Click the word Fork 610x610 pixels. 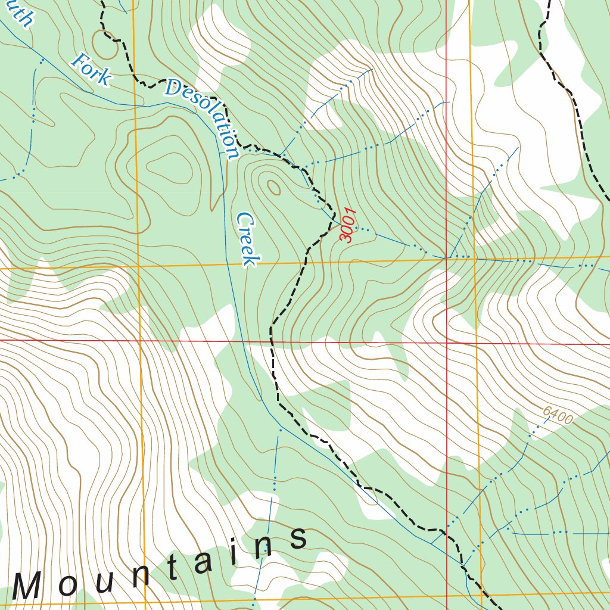click(x=91, y=69)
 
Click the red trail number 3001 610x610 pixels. click(x=347, y=225)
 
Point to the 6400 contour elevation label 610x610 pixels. click(x=558, y=415)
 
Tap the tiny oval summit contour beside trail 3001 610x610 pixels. click(x=273, y=188)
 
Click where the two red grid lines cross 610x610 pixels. click(x=447, y=343)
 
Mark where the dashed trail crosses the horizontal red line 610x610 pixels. click(x=271, y=341)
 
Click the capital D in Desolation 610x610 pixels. click(x=173, y=88)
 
